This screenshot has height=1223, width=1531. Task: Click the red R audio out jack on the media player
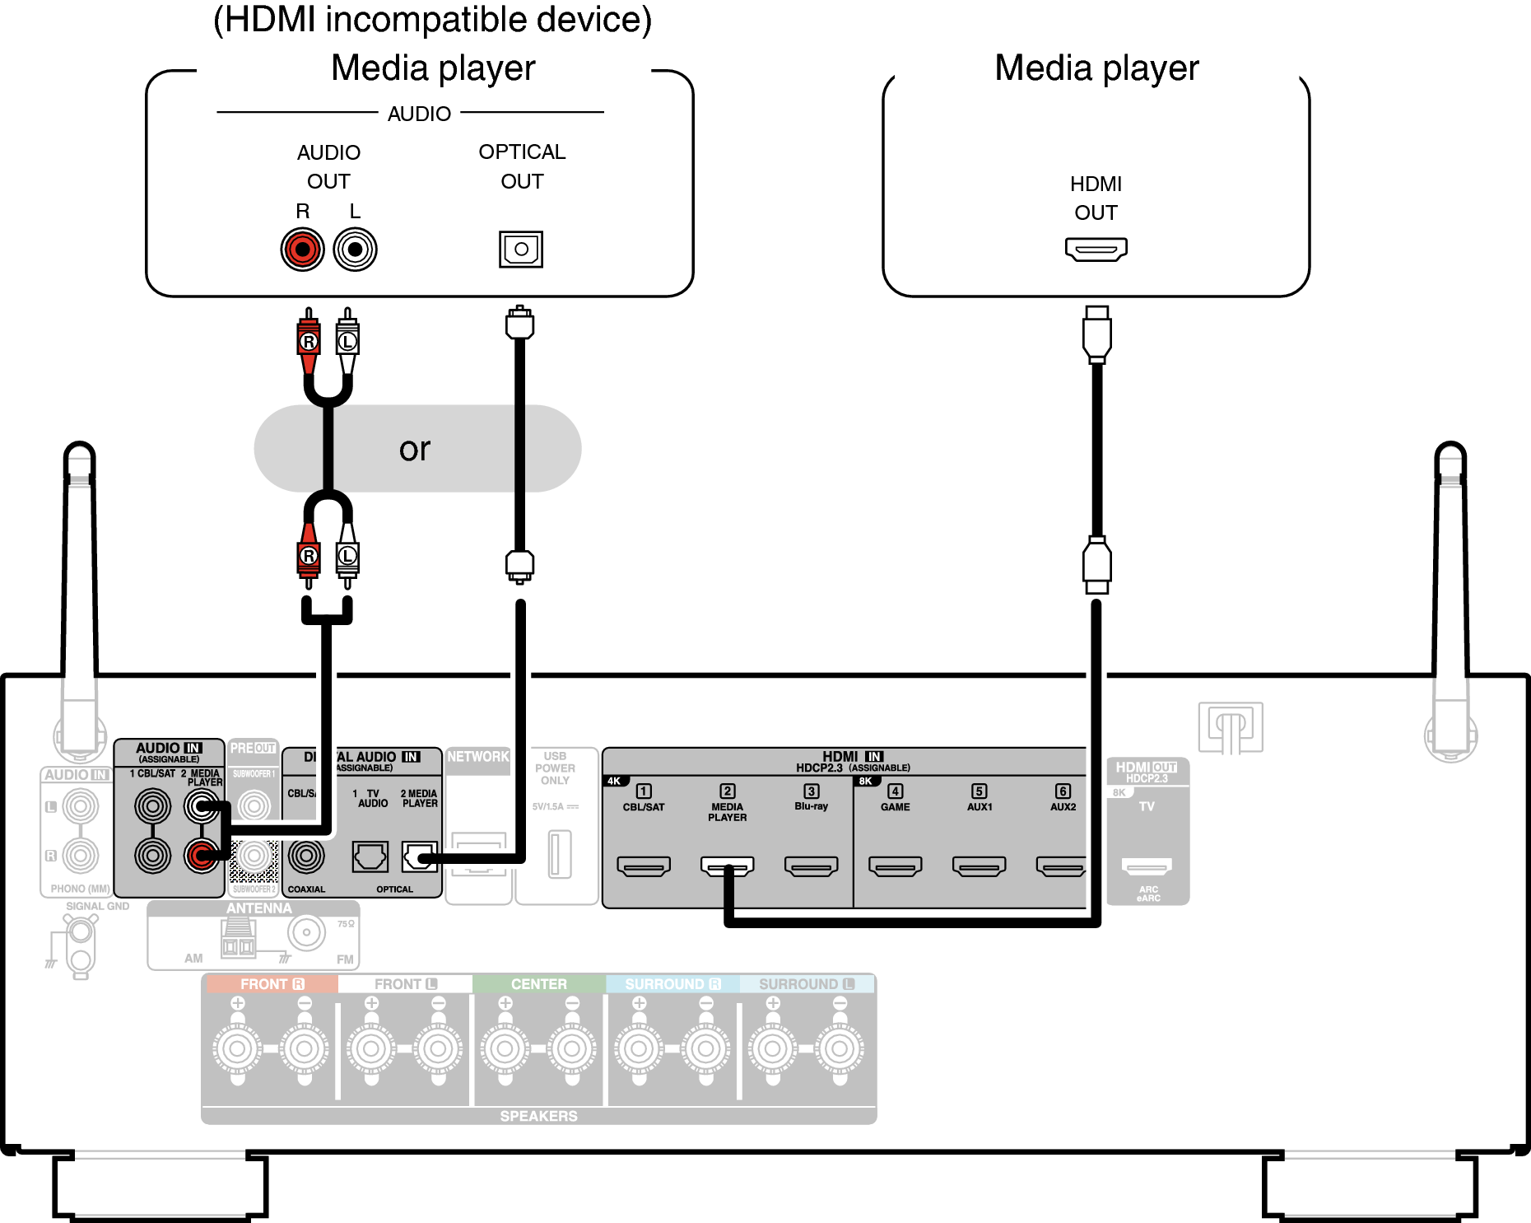(x=302, y=250)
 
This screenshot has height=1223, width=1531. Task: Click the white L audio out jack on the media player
(x=355, y=250)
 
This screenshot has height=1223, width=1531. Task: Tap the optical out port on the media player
(x=520, y=249)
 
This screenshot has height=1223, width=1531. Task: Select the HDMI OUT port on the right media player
(x=1096, y=249)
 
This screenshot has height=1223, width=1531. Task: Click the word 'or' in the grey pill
(x=415, y=449)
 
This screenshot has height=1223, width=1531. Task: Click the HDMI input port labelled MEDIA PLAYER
(x=727, y=866)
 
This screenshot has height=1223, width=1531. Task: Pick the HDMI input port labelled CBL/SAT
(x=644, y=866)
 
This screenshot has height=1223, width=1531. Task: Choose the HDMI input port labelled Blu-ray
(x=811, y=866)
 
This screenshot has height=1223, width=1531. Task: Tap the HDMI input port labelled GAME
(x=895, y=866)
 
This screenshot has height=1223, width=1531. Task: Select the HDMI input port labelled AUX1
(x=979, y=866)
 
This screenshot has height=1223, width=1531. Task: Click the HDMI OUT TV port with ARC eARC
(x=1146, y=866)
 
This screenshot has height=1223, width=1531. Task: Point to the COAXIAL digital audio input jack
(x=306, y=857)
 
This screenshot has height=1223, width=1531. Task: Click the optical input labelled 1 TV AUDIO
(x=370, y=857)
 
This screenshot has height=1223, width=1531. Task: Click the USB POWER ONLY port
(x=560, y=854)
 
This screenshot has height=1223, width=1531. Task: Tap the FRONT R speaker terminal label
(x=271, y=984)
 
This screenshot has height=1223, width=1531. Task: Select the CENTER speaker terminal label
(x=538, y=984)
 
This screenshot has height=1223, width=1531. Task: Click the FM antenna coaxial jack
(x=306, y=933)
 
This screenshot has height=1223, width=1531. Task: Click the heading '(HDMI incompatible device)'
(x=432, y=20)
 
